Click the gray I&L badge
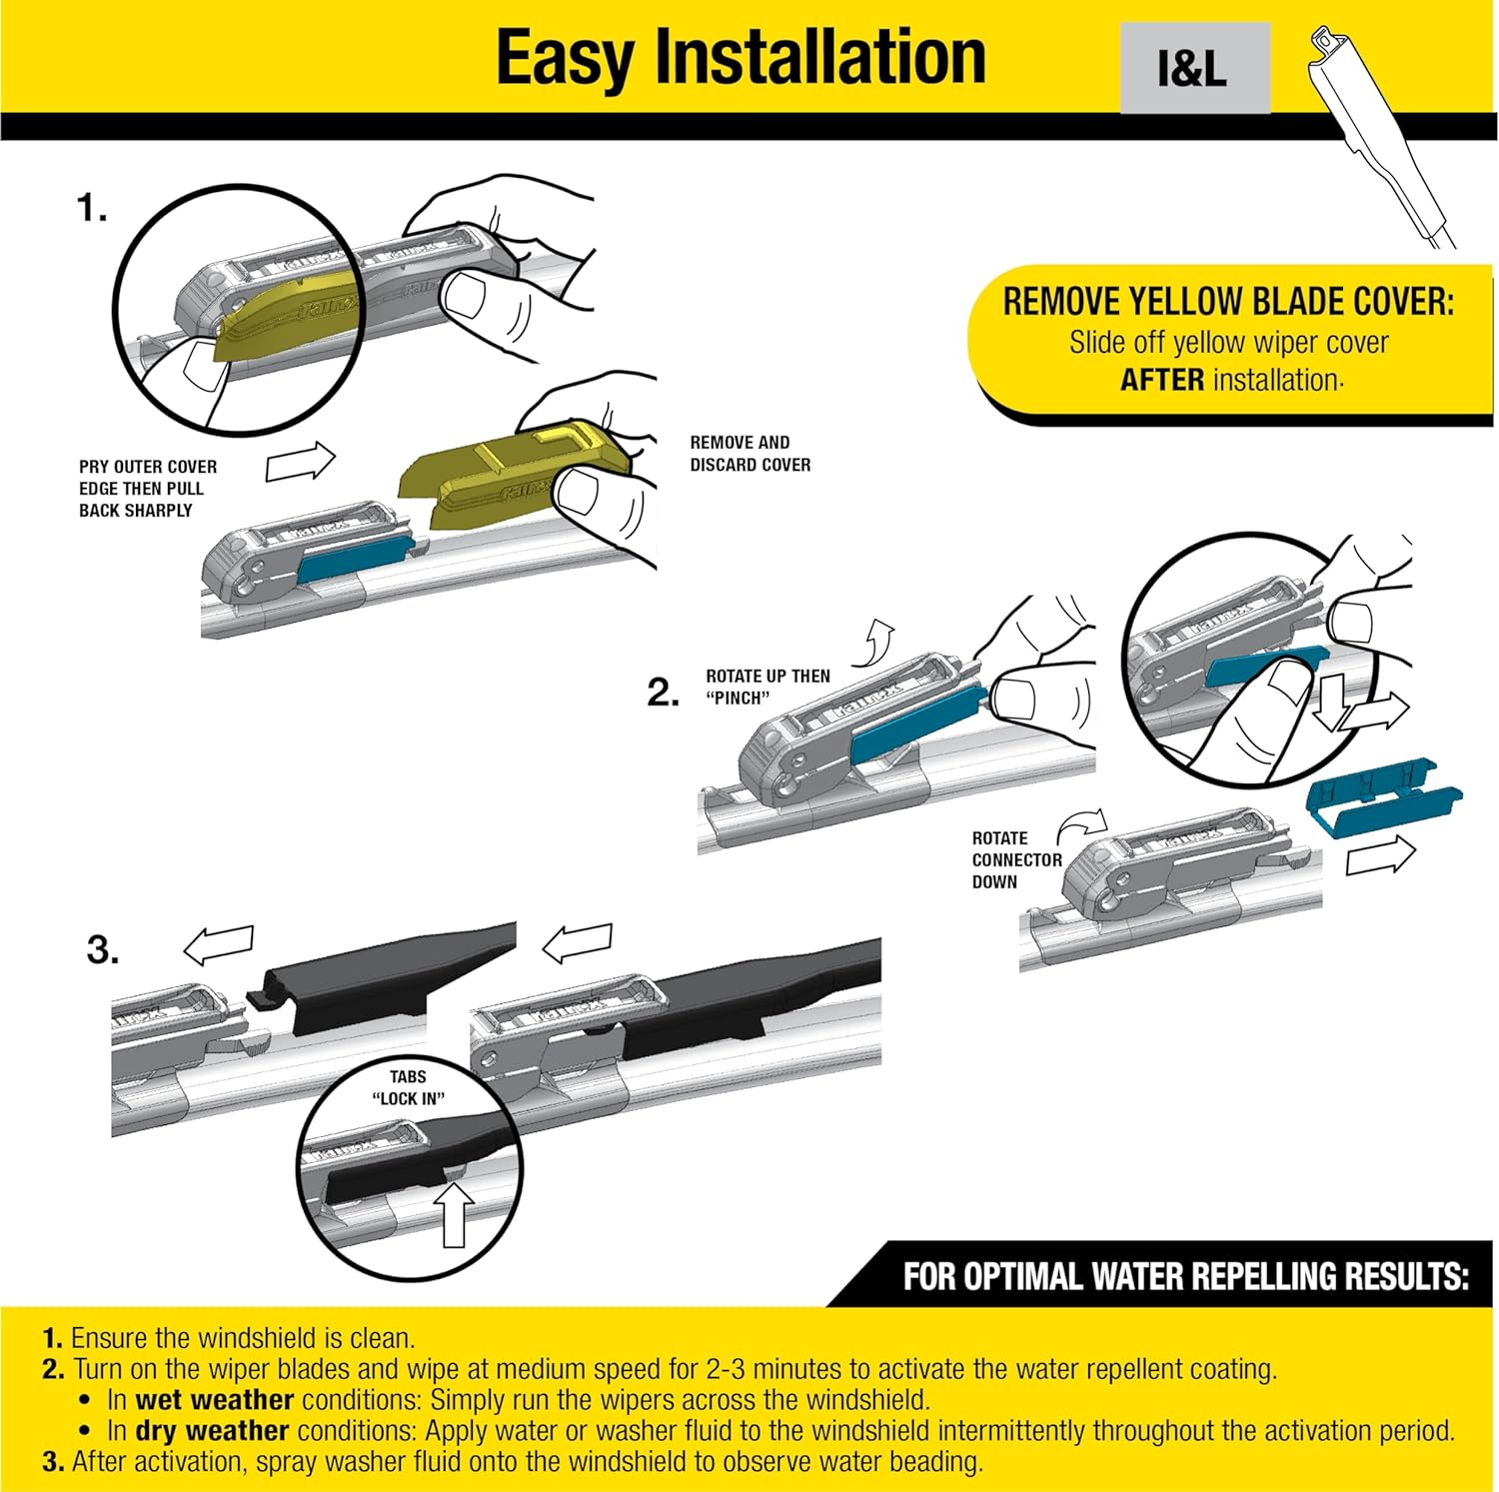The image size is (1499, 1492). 1194,68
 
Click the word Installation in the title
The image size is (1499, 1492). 819,57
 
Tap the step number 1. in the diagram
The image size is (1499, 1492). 91,208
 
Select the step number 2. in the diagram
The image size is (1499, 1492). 664,692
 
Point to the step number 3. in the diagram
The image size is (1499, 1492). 103,948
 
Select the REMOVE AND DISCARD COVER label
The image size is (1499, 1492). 749,454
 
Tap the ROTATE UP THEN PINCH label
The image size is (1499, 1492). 766,687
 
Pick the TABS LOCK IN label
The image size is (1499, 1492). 408,1087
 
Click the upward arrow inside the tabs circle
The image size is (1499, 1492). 455,1214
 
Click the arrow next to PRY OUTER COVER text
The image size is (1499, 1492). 301,462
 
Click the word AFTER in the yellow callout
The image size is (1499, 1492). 1161,381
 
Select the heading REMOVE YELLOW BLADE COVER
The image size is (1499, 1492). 1228,302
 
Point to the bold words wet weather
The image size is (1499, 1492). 214,1399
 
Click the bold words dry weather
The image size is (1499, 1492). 212,1430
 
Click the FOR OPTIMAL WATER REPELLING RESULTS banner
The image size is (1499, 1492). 1185,1276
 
